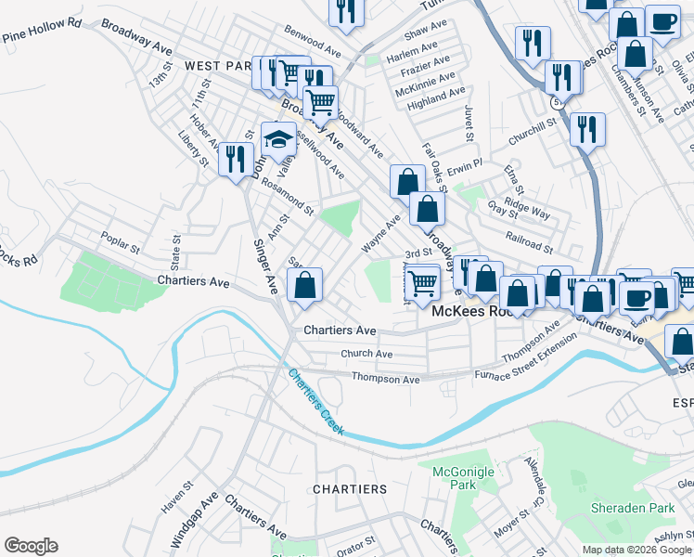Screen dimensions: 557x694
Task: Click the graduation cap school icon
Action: point(278,139)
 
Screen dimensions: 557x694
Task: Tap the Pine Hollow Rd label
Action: point(42,35)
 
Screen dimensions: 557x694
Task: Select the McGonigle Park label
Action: point(463,478)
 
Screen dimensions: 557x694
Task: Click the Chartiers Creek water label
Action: point(316,402)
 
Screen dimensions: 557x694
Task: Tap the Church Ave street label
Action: point(366,353)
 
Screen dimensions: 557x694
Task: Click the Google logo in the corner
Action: point(31,546)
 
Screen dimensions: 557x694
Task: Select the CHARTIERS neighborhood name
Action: point(350,488)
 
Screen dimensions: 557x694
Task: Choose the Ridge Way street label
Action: point(527,208)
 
